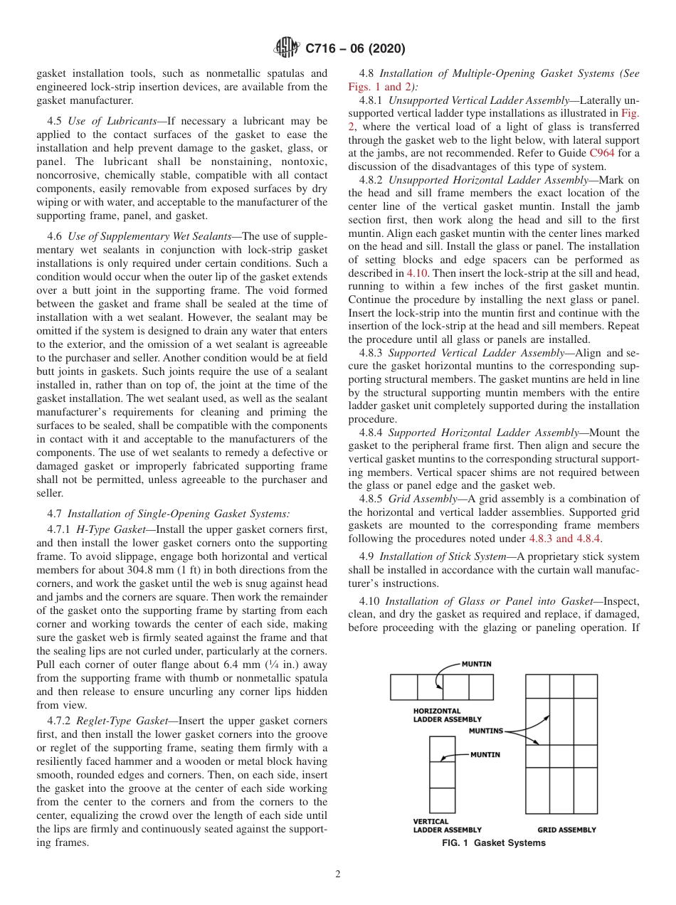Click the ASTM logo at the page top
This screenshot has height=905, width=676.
pos(287,48)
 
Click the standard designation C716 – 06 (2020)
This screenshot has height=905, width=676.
pos(355,48)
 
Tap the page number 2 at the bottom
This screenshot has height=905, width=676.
pos(338,874)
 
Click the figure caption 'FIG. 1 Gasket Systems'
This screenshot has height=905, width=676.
pos(493,843)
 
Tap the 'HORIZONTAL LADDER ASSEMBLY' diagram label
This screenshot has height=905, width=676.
pos(447,715)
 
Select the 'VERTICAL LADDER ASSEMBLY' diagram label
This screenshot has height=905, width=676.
pos(447,825)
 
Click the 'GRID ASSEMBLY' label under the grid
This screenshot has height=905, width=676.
pos(566,830)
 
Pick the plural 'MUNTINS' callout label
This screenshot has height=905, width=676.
pos(486,731)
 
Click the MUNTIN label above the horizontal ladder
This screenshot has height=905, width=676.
pos(476,664)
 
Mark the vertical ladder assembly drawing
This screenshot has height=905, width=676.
pos(442,775)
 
